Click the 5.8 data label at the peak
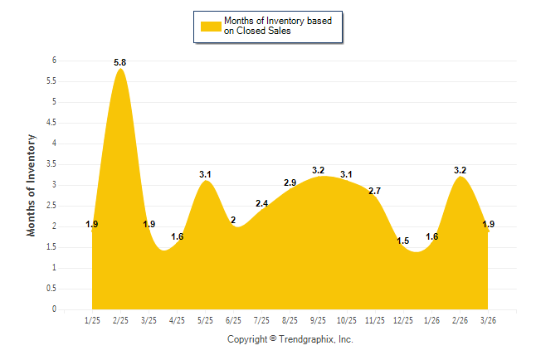120,62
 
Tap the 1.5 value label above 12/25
403,241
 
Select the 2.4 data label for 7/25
261,203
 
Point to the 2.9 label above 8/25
290,182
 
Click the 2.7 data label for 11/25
374,191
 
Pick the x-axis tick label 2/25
120,321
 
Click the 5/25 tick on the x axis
205,321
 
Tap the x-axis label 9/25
318,321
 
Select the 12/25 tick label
403,321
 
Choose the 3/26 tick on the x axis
488,321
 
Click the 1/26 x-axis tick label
431,321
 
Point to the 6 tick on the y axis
54,61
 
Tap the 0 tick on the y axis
54,309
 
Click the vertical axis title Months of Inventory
32,184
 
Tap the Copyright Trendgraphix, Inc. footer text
290,339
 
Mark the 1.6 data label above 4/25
177,237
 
